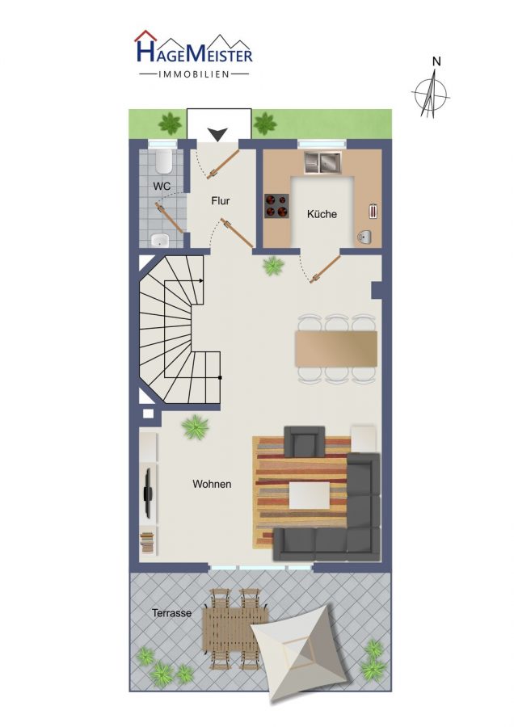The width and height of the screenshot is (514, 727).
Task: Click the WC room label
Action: point(162,187)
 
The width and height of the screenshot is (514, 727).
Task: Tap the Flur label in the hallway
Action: point(221,201)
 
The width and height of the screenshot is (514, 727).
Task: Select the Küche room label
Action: point(322,214)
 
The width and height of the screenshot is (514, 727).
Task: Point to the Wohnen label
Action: point(212,484)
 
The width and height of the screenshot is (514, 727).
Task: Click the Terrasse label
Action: point(171,613)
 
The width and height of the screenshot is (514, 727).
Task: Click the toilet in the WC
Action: point(163,161)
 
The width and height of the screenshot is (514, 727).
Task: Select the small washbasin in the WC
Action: point(161,240)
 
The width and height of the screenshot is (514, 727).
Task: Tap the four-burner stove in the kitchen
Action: point(277,205)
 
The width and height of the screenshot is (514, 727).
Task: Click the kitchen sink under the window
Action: point(322,162)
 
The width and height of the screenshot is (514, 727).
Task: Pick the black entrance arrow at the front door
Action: point(217,134)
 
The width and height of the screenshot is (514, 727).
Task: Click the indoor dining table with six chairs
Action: point(336,349)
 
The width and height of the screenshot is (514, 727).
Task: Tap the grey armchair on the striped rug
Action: point(304,441)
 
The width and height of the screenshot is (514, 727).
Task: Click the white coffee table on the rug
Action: point(310,495)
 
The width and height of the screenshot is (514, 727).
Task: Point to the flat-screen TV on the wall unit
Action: point(148,493)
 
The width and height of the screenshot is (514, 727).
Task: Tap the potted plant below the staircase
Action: point(196,427)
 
